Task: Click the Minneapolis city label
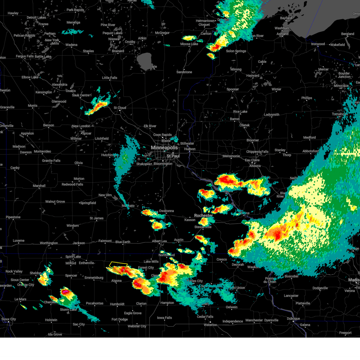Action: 164,148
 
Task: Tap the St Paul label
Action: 173,156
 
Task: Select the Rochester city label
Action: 203,215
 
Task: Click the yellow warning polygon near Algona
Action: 119,267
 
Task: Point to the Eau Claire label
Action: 252,160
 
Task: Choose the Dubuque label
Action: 293,319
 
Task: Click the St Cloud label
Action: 120,108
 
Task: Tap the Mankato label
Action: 128,206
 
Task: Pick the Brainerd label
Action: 118,51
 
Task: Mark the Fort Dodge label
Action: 120,319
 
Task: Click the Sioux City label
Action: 9,319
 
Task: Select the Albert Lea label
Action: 159,241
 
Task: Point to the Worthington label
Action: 49,243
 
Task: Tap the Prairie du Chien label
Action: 270,280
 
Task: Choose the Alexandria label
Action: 59,85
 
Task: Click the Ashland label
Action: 282,34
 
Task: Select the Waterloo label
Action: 210,325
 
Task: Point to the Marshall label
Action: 39,186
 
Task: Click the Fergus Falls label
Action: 25,56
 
